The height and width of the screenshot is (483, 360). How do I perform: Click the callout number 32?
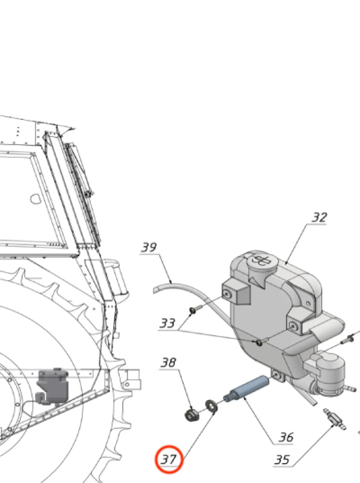tap(319, 217)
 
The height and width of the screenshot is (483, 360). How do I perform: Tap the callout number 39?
tap(149, 247)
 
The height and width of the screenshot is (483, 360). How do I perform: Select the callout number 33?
tap(167, 323)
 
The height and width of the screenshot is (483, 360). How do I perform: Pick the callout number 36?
tap(286, 437)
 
